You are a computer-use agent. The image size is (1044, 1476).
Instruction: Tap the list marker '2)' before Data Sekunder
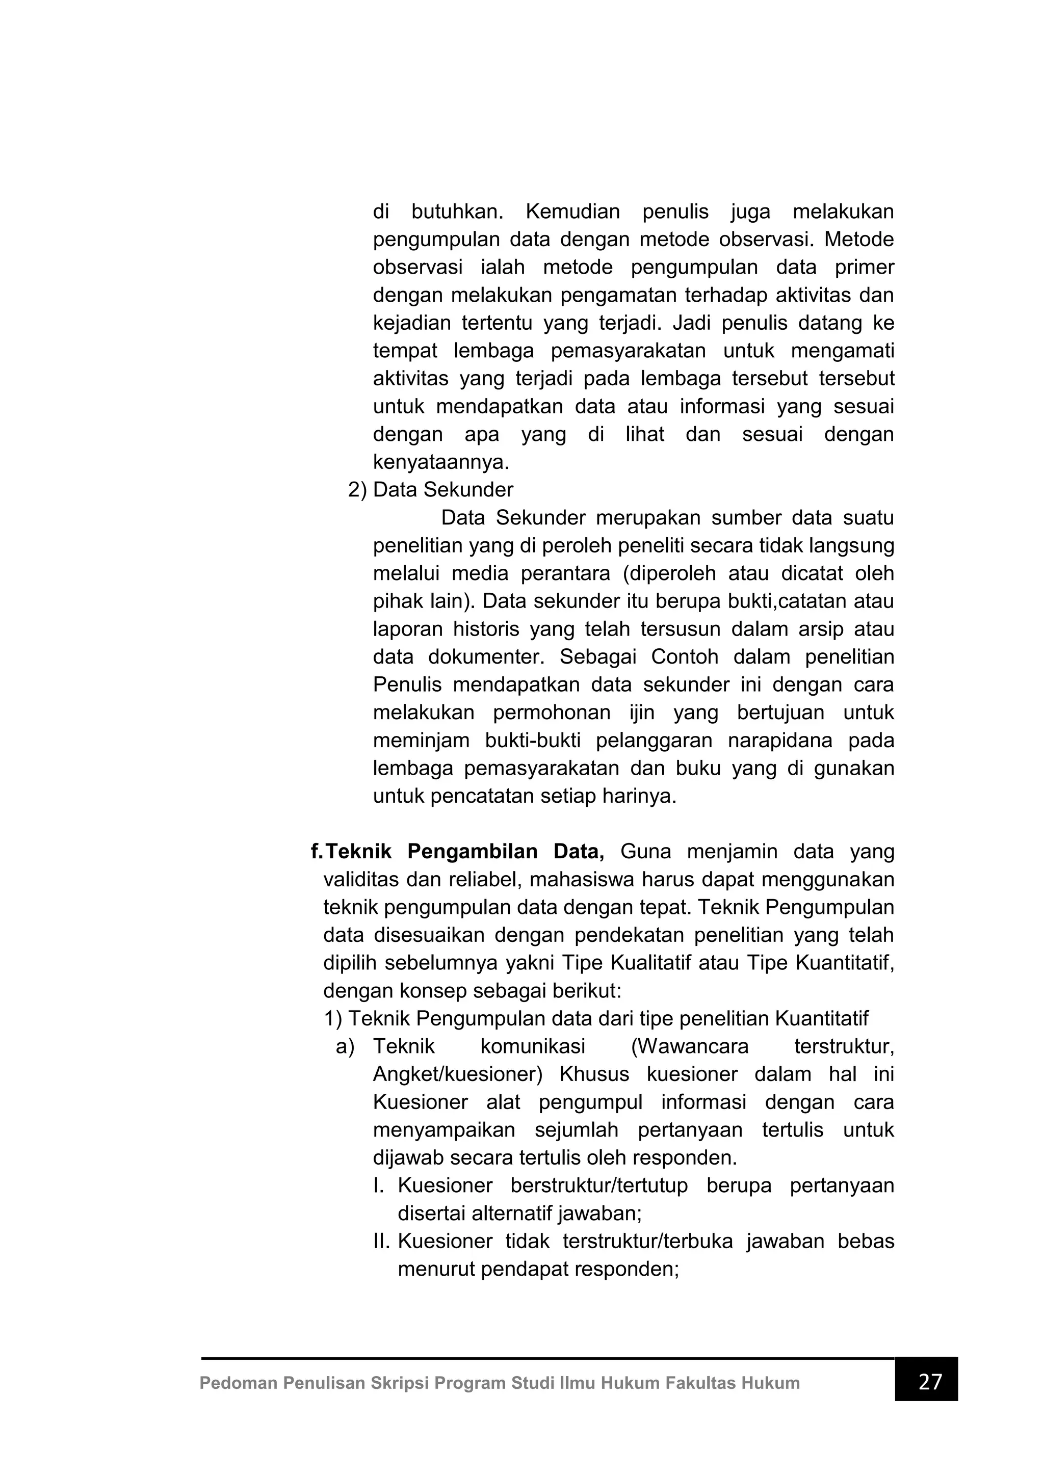click(x=357, y=490)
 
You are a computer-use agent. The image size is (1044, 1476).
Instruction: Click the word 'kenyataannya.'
click(x=441, y=462)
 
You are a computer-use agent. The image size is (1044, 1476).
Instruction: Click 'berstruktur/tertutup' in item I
click(x=598, y=1185)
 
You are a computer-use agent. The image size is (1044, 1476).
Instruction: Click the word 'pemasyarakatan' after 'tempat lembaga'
click(x=628, y=351)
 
